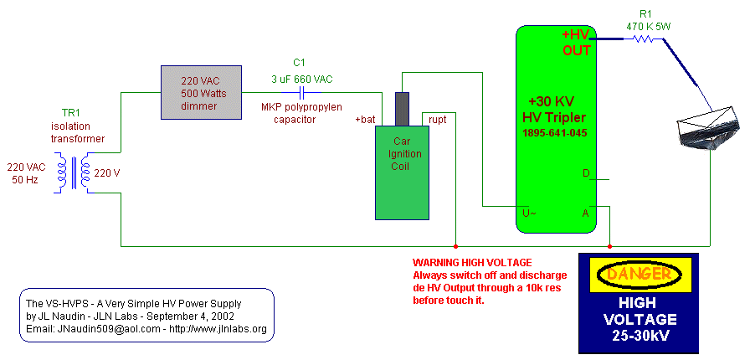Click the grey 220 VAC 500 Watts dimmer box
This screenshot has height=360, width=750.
pyautogui.click(x=200, y=92)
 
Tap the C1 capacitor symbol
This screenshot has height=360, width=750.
pyautogui.click(x=302, y=92)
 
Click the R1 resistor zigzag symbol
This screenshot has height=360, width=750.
pyautogui.click(x=644, y=39)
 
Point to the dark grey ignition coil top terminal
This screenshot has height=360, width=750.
pyautogui.click(x=403, y=109)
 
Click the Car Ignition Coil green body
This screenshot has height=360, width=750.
pyautogui.click(x=403, y=172)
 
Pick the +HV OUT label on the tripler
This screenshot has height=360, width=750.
pyautogui.click(x=577, y=44)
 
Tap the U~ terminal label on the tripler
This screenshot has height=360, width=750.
pyautogui.click(x=529, y=213)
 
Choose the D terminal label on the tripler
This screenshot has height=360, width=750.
pyautogui.click(x=586, y=173)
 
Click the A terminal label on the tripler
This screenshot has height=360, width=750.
pyautogui.click(x=585, y=213)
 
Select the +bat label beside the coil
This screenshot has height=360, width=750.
pyautogui.click(x=365, y=119)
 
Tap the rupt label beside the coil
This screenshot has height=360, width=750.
pyautogui.click(x=438, y=120)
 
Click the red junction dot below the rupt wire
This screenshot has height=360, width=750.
pyautogui.click(x=455, y=246)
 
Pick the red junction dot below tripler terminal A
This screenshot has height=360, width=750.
pyautogui.click(x=609, y=246)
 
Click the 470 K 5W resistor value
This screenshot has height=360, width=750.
pyautogui.click(x=649, y=28)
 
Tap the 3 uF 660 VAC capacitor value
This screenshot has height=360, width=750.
pyautogui.click(x=302, y=80)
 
